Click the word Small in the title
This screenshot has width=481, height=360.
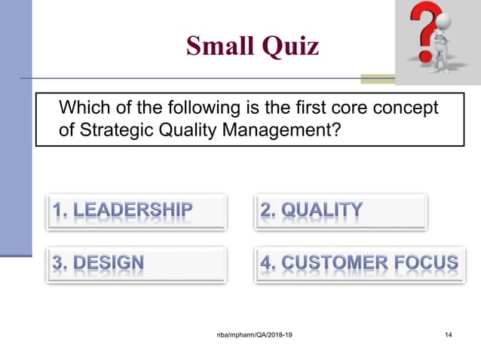click(x=219, y=47)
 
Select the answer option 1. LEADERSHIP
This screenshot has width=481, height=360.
click(x=123, y=211)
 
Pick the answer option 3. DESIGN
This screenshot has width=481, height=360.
click(x=99, y=264)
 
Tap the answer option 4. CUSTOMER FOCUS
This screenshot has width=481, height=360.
click(x=359, y=264)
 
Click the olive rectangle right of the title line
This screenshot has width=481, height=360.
click(x=377, y=78)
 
